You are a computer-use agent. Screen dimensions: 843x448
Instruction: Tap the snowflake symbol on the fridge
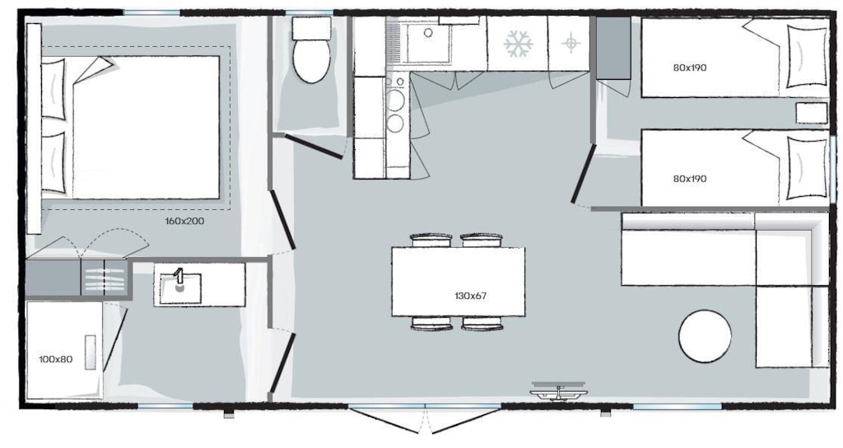[x=519, y=44]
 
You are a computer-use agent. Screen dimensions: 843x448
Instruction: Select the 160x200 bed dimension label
[x=184, y=221]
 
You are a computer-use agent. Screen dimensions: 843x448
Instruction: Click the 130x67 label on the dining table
[x=470, y=296]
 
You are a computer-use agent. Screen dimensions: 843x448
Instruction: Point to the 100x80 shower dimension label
[x=55, y=359]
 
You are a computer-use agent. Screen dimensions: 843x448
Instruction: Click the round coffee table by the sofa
[x=705, y=336]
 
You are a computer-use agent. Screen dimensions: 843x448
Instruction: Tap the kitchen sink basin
[x=428, y=43]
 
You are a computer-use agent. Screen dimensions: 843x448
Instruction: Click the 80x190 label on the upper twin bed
[x=690, y=68]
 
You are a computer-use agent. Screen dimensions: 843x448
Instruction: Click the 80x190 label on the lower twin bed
[x=690, y=179]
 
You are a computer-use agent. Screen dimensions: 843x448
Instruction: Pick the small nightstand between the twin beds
[x=811, y=113]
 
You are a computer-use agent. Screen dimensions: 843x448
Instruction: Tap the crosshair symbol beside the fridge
[x=571, y=43]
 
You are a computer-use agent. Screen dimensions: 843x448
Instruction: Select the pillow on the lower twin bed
[x=808, y=168]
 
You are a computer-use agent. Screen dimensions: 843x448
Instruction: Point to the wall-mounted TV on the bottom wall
[x=559, y=391]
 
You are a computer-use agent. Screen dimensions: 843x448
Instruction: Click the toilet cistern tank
[x=312, y=28]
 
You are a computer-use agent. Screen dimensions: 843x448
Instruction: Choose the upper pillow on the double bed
[x=54, y=89]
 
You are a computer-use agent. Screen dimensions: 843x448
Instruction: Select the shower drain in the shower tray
[x=91, y=352]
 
